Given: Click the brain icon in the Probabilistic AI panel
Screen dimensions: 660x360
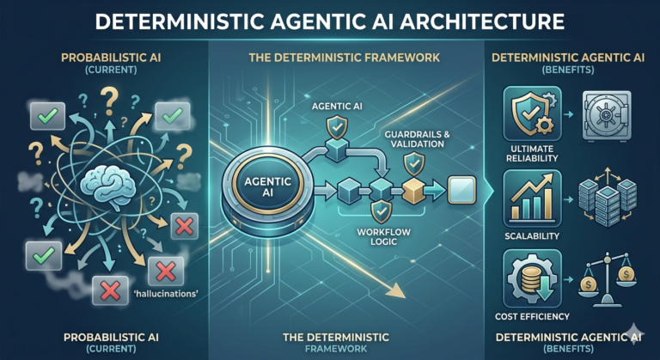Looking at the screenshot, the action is (x=108, y=186).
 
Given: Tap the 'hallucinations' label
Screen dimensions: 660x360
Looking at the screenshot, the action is (x=166, y=294).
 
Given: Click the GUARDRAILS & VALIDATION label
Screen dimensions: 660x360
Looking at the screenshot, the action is (x=417, y=139).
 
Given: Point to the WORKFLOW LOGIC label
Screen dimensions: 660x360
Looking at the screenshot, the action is (x=383, y=236).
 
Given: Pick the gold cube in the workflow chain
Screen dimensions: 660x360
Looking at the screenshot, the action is (x=412, y=191).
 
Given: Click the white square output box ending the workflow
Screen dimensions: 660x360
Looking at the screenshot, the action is (x=461, y=191).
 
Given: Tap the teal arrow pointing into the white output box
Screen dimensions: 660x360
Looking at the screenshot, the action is (x=434, y=191).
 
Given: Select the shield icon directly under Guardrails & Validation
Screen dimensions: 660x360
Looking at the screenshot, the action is (x=414, y=164).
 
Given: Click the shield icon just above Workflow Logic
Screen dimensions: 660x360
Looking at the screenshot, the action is (x=382, y=211).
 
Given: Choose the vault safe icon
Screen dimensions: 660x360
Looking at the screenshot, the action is (x=607, y=115).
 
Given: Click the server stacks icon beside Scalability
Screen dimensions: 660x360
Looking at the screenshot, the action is (x=608, y=198).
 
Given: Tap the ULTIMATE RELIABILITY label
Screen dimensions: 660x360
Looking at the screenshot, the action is (x=532, y=154).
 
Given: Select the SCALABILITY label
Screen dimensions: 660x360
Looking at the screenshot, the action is (x=532, y=235).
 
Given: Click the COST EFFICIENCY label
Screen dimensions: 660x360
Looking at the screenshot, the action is (x=532, y=316).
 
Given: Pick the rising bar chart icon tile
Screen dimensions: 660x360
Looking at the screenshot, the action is (x=532, y=198).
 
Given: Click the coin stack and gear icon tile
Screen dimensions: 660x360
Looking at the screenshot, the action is (x=532, y=278).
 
